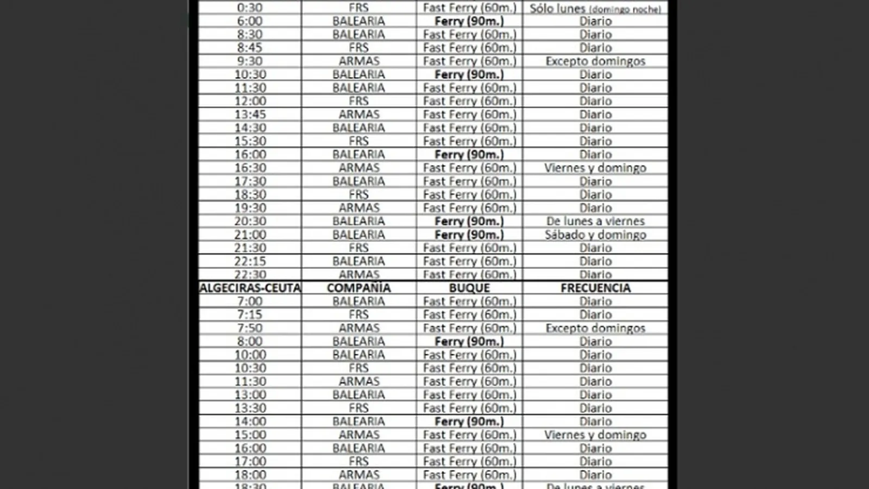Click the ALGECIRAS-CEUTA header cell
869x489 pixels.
click(x=250, y=288)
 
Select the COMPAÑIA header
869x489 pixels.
click(x=358, y=288)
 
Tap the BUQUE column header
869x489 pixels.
click(x=469, y=288)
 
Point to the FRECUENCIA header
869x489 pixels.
click(x=595, y=288)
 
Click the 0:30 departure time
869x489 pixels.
click(x=250, y=8)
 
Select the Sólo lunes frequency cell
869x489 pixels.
click(x=595, y=8)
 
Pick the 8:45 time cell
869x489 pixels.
click(x=250, y=48)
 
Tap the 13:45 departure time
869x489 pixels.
click(x=250, y=115)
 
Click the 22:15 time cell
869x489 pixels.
click(x=250, y=261)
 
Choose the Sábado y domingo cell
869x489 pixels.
click(x=595, y=235)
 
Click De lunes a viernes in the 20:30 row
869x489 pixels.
click(x=595, y=221)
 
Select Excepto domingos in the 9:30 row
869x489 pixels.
click(x=595, y=61)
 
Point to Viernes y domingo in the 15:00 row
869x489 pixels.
click(x=595, y=435)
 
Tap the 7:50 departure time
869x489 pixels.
click(x=250, y=328)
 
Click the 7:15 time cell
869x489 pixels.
click(x=250, y=315)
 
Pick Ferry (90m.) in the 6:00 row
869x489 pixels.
click(x=469, y=21)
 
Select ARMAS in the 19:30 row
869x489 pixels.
click(x=358, y=208)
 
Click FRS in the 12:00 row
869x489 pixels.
click(x=358, y=101)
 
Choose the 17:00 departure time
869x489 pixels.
click(x=250, y=461)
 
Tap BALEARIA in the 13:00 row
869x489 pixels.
click(x=358, y=395)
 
